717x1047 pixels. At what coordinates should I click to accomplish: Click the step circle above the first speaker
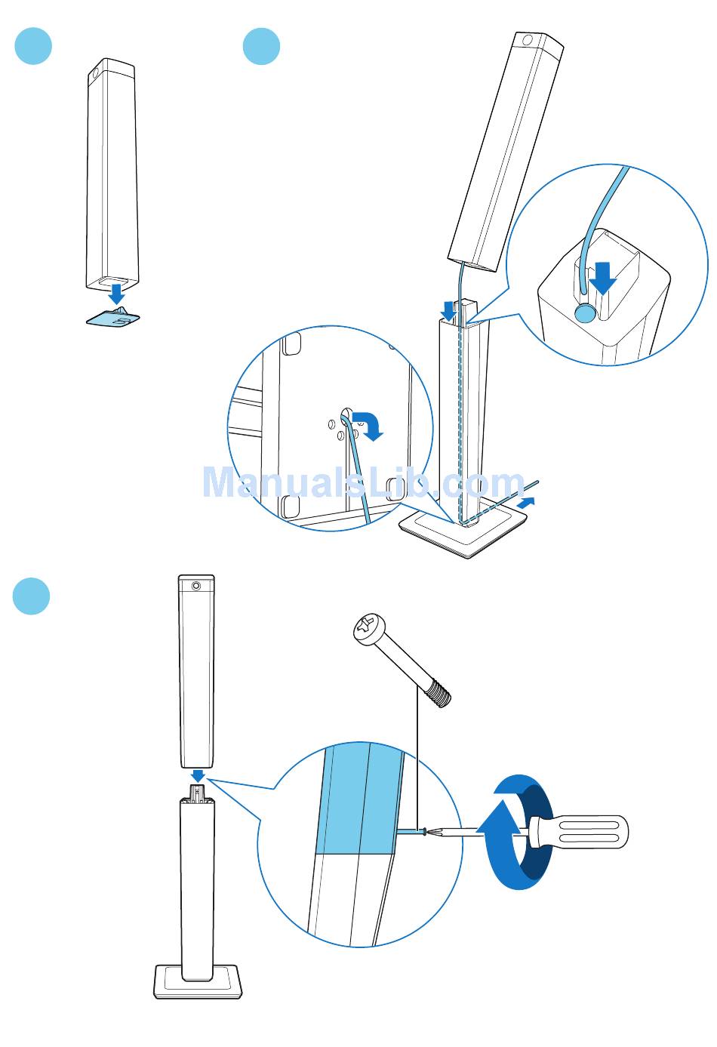pyautogui.click(x=33, y=47)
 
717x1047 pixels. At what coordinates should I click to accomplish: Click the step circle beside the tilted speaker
pyautogui.click(x=261, y=47)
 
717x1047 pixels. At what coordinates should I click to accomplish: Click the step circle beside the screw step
pyautogui.click(x=31, y=596)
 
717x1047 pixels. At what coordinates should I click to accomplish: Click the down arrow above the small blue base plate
pyautogui.click(x=116, y=293)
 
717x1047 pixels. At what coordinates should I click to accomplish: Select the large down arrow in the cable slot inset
pyautogui.click(x=602, y=277)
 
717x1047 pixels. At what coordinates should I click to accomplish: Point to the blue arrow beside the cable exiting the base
pyautogui.click(x=528, y=502)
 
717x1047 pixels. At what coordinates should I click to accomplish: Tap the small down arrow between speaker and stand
pyautogui.click(x=198, y=776)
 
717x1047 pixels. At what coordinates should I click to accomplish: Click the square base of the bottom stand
pyautogui.click(x=198, y=981)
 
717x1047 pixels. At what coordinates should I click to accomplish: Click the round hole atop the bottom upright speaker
pyautogui.click(x=196, y=585)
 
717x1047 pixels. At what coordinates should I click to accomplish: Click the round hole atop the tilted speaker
pyautogui.click(x=528, y=40)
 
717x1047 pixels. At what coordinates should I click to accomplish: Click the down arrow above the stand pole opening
pyautogui.click(x=449, y=309)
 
